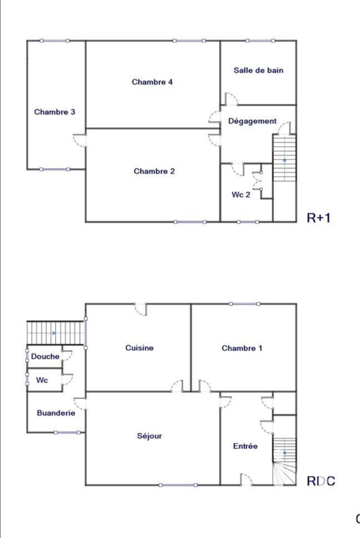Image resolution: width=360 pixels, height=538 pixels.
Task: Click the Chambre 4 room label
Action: click(152, 82)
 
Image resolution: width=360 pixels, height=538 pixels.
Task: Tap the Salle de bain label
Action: click(258, 71)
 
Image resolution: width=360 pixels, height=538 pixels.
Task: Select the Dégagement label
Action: click(252, 121)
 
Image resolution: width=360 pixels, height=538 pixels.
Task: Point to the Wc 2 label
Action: click(241, 195)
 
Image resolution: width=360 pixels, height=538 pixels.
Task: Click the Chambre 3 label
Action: click(54, 112)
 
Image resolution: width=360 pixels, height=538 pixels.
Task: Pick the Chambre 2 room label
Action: click(154, 171)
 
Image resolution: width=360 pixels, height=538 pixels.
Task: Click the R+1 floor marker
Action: click(318, 218)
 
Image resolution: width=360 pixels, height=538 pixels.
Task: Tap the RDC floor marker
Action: click(321, 481)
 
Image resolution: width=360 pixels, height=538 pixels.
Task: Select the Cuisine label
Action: click(139, 348)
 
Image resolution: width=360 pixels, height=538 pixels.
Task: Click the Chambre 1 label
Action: click(242, 348)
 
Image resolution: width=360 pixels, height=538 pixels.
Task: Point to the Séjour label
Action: click(149, 436)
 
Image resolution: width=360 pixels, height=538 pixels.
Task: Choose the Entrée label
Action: click(245, 446)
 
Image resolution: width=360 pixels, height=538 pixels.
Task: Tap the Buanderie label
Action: click(56, 413)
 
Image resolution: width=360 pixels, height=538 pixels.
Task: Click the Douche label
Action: click(45, 356)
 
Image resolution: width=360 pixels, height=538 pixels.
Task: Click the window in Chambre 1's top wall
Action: click(244, 303)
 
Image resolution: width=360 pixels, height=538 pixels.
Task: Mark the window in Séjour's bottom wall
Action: click(178, 485)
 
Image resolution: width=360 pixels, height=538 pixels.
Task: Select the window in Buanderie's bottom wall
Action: click(67, 432)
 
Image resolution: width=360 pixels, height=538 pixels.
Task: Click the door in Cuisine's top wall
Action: click(141, 309)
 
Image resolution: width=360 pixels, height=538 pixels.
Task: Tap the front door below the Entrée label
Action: click(246, 480)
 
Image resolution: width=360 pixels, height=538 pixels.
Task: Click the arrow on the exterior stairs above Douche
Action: click(54, 333)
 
